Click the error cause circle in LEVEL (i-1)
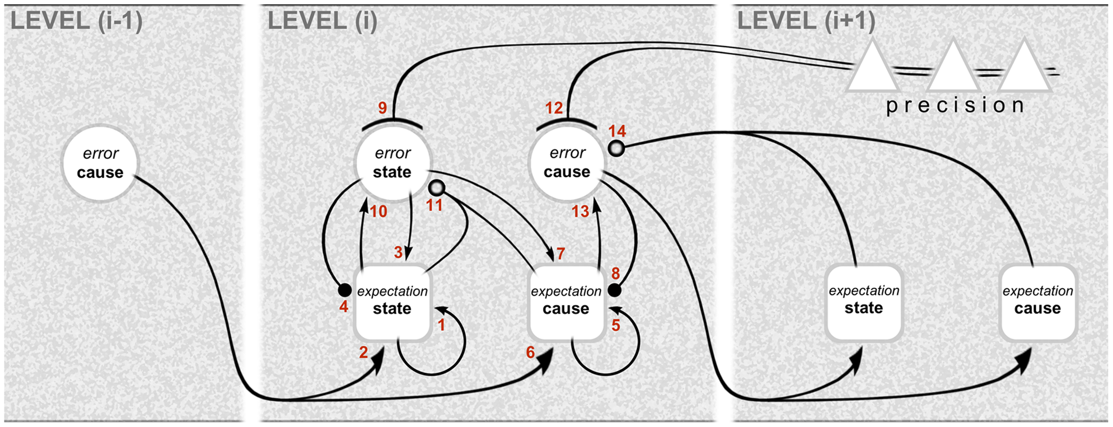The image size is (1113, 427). (x=100, y=163)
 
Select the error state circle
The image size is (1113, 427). (x=393, y=163)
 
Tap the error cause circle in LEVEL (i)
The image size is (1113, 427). (x=567, y=163)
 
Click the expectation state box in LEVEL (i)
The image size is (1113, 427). (x=393, y=302)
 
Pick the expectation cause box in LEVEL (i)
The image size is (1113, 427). (x=566, y=302)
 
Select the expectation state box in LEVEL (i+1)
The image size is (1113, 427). (x=864, y=302)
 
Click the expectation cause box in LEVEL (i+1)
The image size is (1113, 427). (x=1038, y=302)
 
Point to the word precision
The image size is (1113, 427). (x=955, y=106)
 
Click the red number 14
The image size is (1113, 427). (x=617, y=131)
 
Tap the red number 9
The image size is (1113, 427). (x=383, y=108)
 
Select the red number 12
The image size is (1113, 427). (x=554, y=108)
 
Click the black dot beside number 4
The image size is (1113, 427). (x=344, y=290)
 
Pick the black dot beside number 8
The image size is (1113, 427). (x=614, y=290)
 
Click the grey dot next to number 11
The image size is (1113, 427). (x=437, y=188)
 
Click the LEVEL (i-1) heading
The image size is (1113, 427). (x=76, y=22)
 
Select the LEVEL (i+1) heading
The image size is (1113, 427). (x=806, y=22)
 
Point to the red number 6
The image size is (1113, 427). (x=531, y=352)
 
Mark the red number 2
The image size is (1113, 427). (x=363, y=352)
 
